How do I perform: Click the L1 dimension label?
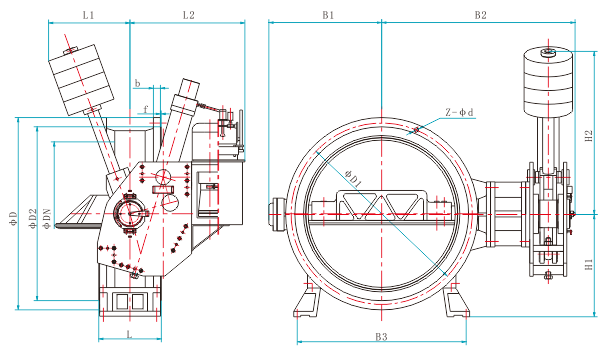coord(88,15)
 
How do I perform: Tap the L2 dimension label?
coord(189,15)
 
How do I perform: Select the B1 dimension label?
coord(328,15)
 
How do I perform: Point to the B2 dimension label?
coord(480,15)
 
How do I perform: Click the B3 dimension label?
coord(381,336)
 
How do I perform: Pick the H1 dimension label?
coord(589,264)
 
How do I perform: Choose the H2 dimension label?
coord(589,136)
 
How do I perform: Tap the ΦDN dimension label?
coord(47,218)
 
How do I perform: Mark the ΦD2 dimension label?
coord(33,218)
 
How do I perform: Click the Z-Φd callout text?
coord(459,112)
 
